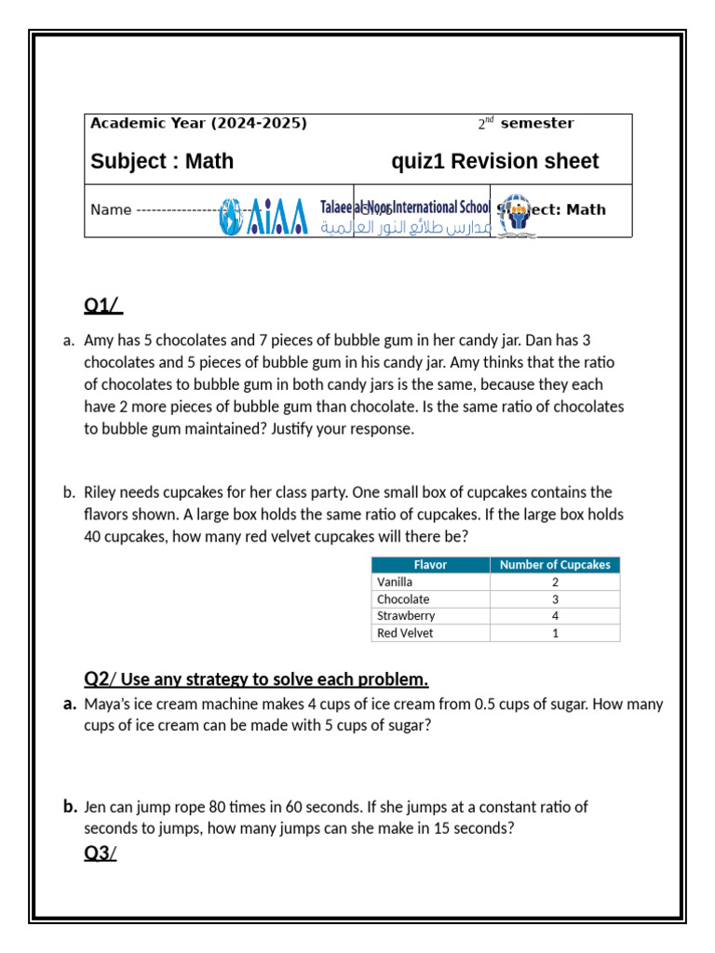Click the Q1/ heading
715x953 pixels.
coord(102,305)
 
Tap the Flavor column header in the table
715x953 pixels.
coord(430,565)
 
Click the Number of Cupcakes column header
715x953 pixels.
coord(555,565)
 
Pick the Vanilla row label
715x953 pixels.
coord(395,582)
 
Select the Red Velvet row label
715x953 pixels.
coord(404,633)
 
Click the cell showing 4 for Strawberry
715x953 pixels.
coord(555,616)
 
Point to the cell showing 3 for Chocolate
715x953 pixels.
coord(555,599)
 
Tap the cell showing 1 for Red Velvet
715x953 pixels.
coord(555,633)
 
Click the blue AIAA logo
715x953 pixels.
coord(265,216)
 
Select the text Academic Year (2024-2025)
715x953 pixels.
coord(198,123)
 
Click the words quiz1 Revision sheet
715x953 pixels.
coord(494,162)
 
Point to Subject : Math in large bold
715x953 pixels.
coord(162,162)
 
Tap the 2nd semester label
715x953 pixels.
coord(526,123)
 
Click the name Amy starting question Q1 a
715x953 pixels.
coord(98,341)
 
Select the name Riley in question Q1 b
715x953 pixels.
coord(101,492)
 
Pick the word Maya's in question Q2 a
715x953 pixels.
coord(105,705)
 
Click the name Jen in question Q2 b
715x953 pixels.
coord(95,807)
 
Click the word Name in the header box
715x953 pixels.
coord(111,209)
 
